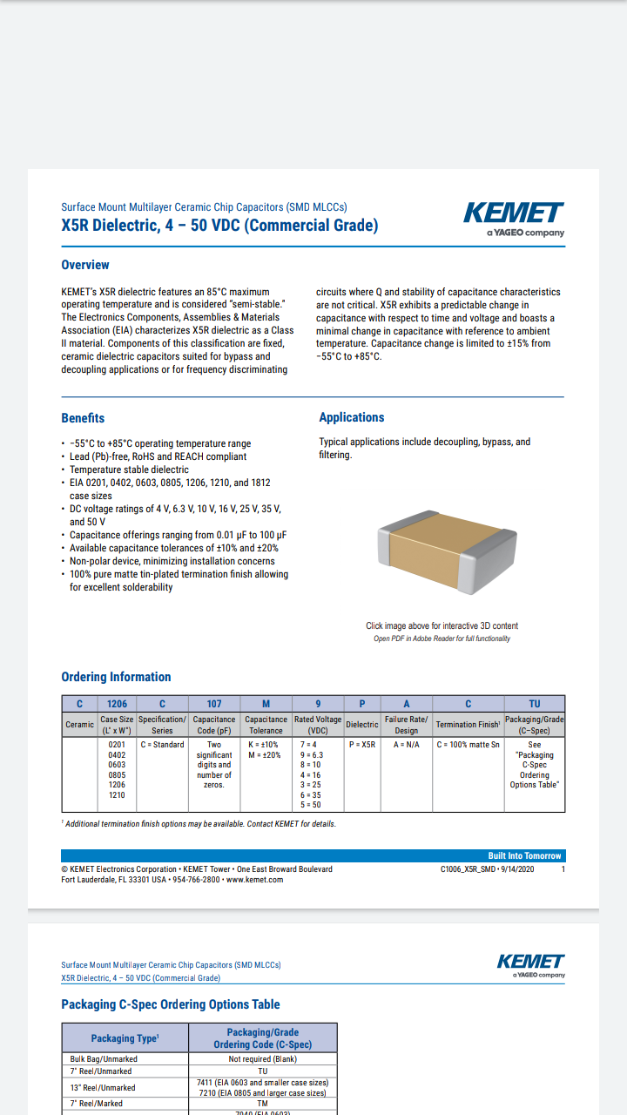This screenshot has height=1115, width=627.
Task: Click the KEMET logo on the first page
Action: tap(514, 213)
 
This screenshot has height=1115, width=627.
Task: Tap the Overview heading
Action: tap(85, 265)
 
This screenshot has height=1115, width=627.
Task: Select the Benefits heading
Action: tap(83, 418)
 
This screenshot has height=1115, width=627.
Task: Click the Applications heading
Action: tap(352, 417)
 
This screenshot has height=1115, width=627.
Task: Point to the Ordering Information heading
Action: tap(116, 677)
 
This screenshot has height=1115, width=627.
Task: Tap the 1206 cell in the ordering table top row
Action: tap(117, 704)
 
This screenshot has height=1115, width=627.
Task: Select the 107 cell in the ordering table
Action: tap(214, 704)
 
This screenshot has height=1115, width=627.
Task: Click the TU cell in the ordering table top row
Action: tap(535, 704)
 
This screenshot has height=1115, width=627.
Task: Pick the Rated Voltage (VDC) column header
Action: tap(318, 725)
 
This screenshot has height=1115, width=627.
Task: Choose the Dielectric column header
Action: tap(362, 725)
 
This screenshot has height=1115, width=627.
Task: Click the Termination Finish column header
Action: tap(468, 725)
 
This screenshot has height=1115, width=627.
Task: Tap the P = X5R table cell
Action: tap(362, 745)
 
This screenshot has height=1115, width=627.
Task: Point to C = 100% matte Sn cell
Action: tap(468, 745)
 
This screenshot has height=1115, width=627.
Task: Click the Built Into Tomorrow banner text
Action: tap(525, 855)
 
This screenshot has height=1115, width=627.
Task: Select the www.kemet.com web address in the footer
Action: tap(254, 880)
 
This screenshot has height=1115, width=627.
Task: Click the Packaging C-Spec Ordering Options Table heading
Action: tap(171, 1004)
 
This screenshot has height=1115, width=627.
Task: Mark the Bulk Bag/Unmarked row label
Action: tap(104, 1059)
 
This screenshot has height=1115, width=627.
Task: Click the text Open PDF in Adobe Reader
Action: tap(442, 639)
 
